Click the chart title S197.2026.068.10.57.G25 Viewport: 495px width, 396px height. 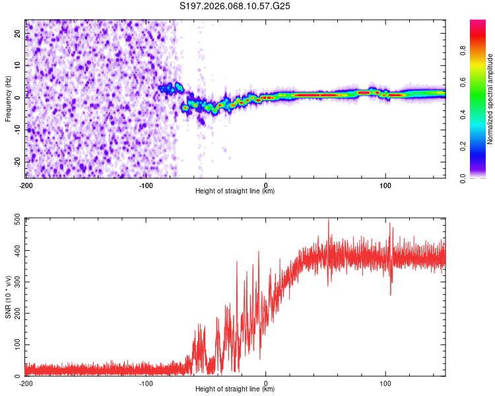[x=236, y=7]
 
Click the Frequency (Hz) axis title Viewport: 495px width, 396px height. [x=8, y=98]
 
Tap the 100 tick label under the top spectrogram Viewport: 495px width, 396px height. [x=385, y=184]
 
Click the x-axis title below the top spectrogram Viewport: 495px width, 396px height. [x=235, y=191]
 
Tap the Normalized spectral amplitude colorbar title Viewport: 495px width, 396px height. [x=490, y=98]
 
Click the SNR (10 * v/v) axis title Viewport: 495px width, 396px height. [x=8, y=296]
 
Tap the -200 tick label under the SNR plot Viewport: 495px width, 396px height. [x=25, y=383]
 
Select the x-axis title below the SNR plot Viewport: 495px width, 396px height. [x=235, y=390]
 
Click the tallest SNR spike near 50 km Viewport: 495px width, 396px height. [x=329, y=220]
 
